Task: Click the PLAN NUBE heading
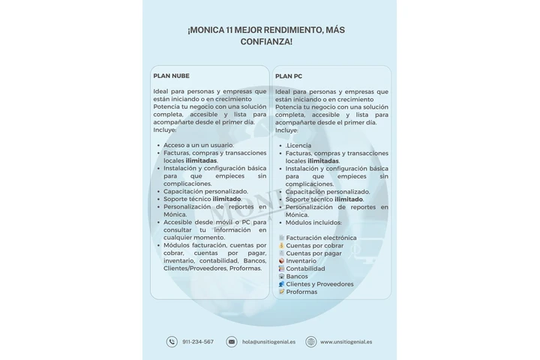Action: [171, 76]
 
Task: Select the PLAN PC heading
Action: [289, 76]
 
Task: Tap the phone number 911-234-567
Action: [197, 342]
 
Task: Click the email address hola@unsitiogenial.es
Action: [268, 342]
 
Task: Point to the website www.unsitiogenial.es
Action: [346, 342]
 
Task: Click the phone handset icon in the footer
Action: [172, 342]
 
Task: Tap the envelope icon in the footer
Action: [232, 342]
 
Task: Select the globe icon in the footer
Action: [310, 342]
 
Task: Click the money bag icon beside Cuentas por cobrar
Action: [281, 245]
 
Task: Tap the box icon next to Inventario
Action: [281, 261]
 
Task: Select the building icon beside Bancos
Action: [281, 276]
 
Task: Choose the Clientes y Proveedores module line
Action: [319, 284]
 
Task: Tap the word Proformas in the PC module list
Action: [301, 292]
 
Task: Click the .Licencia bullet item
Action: [298, 145]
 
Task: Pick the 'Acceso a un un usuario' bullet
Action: [199, 145]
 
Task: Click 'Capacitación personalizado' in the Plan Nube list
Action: [205, 191]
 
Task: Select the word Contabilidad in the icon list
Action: [305, 268]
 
